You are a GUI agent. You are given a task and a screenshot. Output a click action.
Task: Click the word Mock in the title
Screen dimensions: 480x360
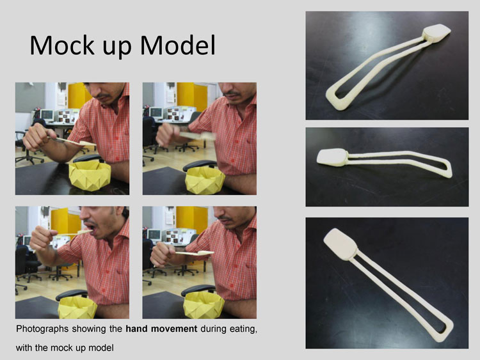pyautogui.click(x=62, y=45)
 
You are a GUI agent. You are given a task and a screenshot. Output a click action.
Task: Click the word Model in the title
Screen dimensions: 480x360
pyautogui.click(x=178, y=45)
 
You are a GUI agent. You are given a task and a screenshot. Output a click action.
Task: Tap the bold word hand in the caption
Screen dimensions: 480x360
pyautogui.click(x=137, y=329)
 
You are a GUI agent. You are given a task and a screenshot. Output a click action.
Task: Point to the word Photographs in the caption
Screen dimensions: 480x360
pyautogui.click(x=42, y=329)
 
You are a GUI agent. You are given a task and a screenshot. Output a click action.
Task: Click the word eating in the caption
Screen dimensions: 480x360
pyautogui.click(x=242, y=329)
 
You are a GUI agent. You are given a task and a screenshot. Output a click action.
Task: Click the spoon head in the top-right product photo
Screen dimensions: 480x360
pyautogui.click(x=436, y=32)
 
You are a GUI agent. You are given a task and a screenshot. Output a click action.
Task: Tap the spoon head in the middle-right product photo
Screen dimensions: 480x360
pyautogui.click(x=332, y=157)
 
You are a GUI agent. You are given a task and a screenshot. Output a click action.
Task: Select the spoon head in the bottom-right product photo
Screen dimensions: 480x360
pyautogui.click(x=340, y=244)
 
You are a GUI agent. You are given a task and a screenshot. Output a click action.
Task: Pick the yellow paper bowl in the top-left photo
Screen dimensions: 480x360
pyautogui.click(x=90, y=176)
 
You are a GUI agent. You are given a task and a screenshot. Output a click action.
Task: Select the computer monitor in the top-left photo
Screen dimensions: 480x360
pyautogui.click(x=47, y=114)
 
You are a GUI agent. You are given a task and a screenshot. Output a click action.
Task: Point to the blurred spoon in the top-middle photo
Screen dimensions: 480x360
pyautogui.click(x=198, y=136)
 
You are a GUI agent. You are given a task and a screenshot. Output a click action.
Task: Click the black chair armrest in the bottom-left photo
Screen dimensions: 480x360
pyautogui.click(x=72, y=294)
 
